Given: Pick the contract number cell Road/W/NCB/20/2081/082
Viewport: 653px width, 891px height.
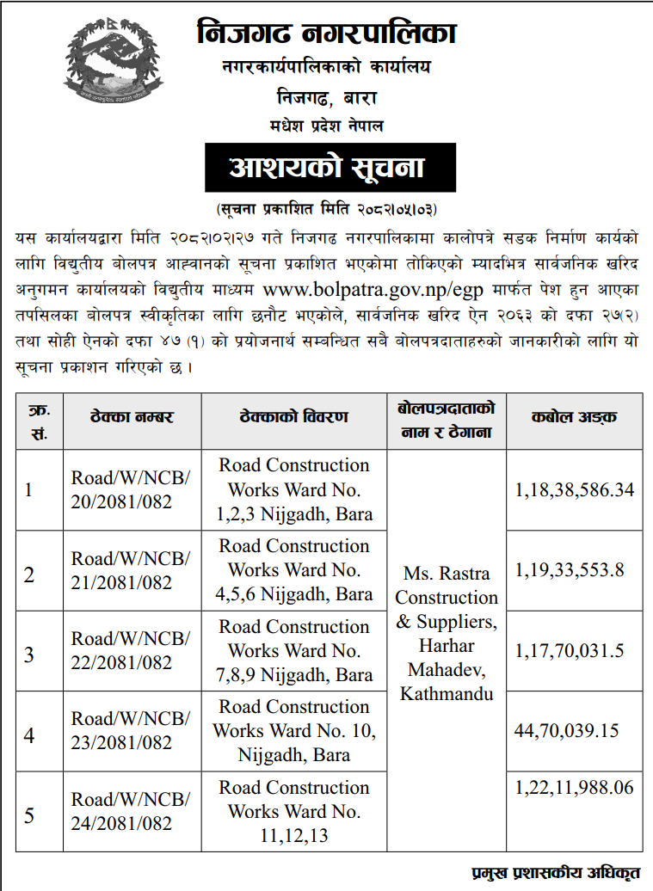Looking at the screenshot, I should point(131,490).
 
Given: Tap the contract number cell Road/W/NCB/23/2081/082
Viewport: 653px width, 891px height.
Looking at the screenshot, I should point(131,731).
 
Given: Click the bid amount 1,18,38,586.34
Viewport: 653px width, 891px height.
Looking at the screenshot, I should point(574,490).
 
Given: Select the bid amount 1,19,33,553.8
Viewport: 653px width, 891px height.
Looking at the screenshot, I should point(570,569).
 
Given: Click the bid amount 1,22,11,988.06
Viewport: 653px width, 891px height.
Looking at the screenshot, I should point(574,787).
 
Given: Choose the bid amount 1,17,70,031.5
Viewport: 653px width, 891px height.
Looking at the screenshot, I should point(570,651).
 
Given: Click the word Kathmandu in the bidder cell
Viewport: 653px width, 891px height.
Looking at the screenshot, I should point(447,693).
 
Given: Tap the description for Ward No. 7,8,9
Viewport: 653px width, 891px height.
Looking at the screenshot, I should point(294,651).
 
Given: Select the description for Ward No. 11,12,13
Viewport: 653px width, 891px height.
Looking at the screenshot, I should point(294,811).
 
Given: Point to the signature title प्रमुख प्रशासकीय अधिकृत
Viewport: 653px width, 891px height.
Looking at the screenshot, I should point(557,873).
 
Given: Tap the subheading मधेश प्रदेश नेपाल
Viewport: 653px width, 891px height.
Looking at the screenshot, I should point(326,126).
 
